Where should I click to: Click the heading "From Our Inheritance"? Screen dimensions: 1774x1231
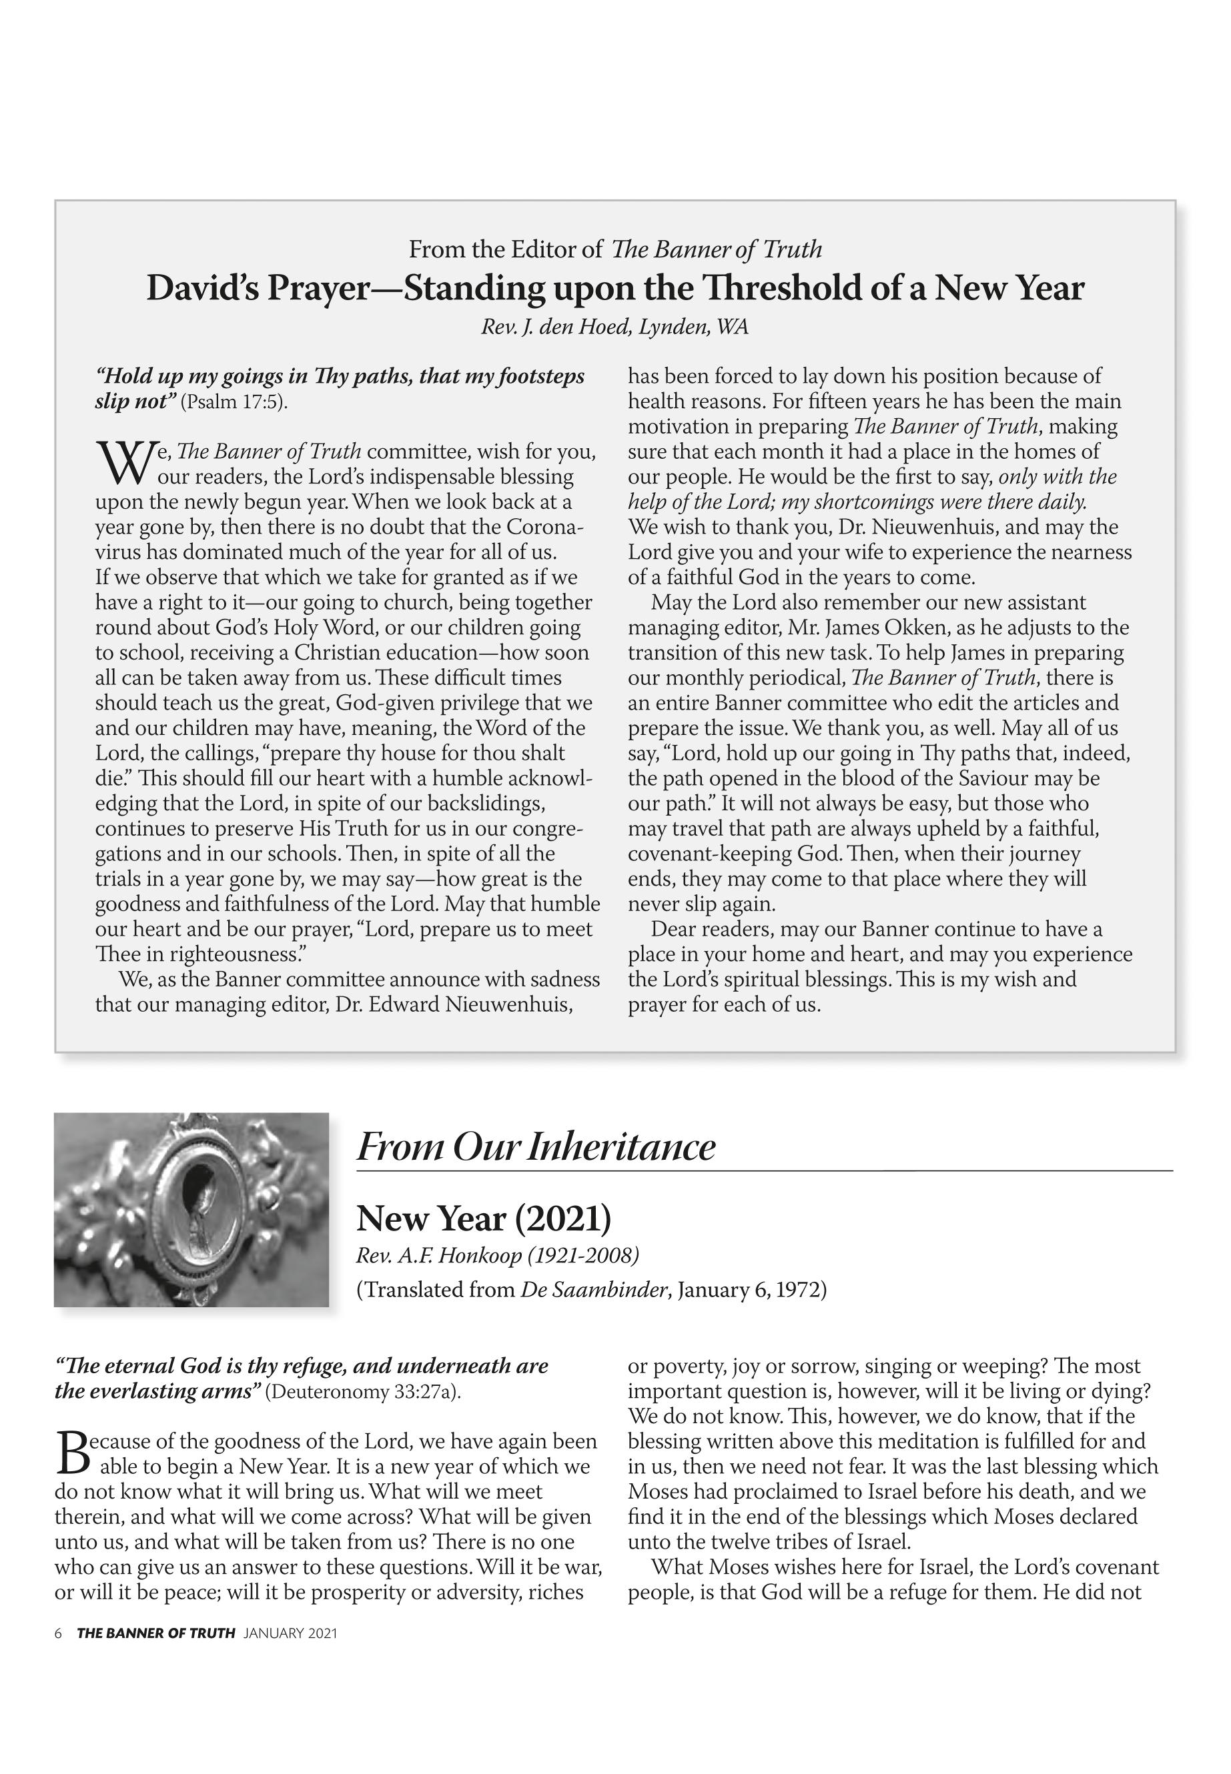pos(535,1147)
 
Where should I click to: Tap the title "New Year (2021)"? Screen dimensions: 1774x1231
pos(484,1219)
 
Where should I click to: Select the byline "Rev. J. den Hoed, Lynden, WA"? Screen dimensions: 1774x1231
pos(614,327)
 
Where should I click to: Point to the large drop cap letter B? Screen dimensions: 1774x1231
pos(69,1452)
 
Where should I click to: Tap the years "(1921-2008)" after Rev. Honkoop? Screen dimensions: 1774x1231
pos(584,1256)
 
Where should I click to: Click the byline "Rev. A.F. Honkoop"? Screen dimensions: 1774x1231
pos(439,1256)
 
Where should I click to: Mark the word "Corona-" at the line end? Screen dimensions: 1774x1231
pos(544,528)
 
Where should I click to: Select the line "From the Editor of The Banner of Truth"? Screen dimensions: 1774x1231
pos(614,250)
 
